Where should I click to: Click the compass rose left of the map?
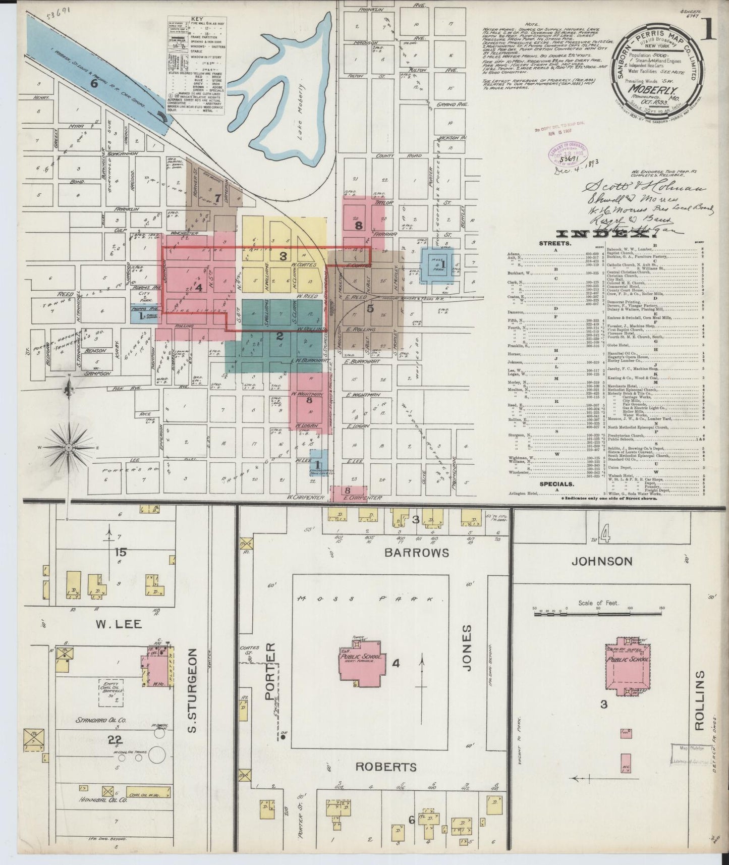[x=69, y=448]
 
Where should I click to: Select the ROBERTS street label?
[x=385, y=782]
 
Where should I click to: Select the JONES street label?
[x=466, y=648]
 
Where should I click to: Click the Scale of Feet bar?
[x=598, y=614]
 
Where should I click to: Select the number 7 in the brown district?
[x=217, y=198]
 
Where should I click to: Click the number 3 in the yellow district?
[x=284, y=256]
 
